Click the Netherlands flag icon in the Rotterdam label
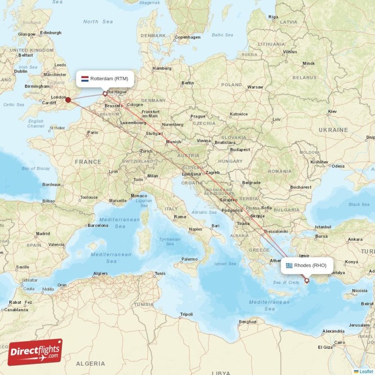coord(85,79)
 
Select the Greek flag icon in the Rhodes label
coord(289,265)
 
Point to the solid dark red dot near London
coord(68,99)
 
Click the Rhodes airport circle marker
coord(307,280)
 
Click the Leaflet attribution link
coord(366,371)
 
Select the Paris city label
coord(92,133)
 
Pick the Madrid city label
coord(43,233)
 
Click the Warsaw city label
coord(255,87)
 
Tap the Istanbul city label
coord(323,227)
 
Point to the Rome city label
coord(180,217)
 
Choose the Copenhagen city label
coord(187,37)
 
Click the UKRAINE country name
coord(333,130)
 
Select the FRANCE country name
coord(89,162)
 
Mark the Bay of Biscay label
coord(36,168)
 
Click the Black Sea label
coord(359,204)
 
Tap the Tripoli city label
coord(187,314)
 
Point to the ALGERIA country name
coord(90,363)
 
